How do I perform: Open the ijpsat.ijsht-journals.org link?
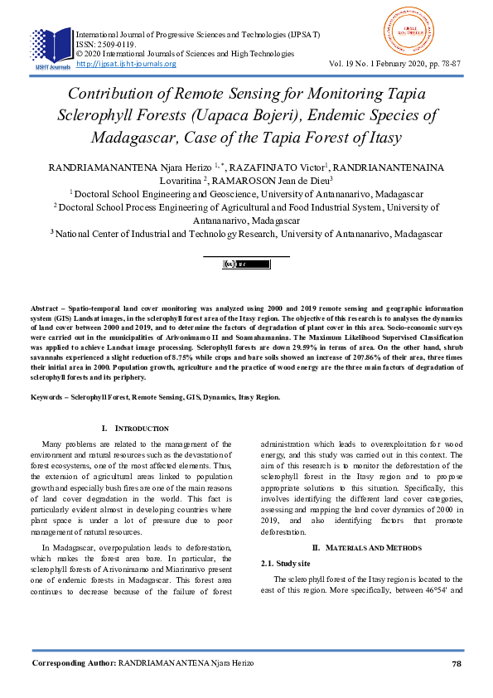[x=126, y=64]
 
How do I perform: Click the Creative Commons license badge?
[x=246, y=264]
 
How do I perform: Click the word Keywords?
[x=47, y=397]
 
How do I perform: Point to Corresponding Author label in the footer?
[x=74, y=664]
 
